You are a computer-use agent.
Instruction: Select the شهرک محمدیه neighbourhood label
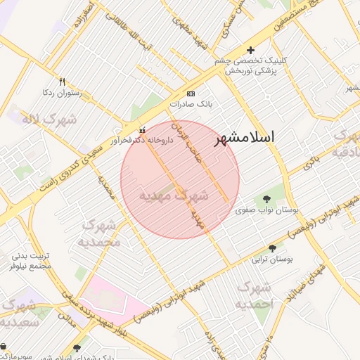point(103,233)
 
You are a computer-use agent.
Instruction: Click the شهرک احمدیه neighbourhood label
point(254,295)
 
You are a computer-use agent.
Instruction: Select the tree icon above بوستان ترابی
point(272,247)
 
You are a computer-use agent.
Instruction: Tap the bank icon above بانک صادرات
point(190,94)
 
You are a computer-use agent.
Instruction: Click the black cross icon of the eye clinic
point(250,50)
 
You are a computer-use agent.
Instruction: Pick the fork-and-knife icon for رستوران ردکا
point(62,82)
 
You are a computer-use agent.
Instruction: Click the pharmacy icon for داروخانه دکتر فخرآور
point(143,129)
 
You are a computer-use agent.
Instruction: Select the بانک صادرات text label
point(191,104)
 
